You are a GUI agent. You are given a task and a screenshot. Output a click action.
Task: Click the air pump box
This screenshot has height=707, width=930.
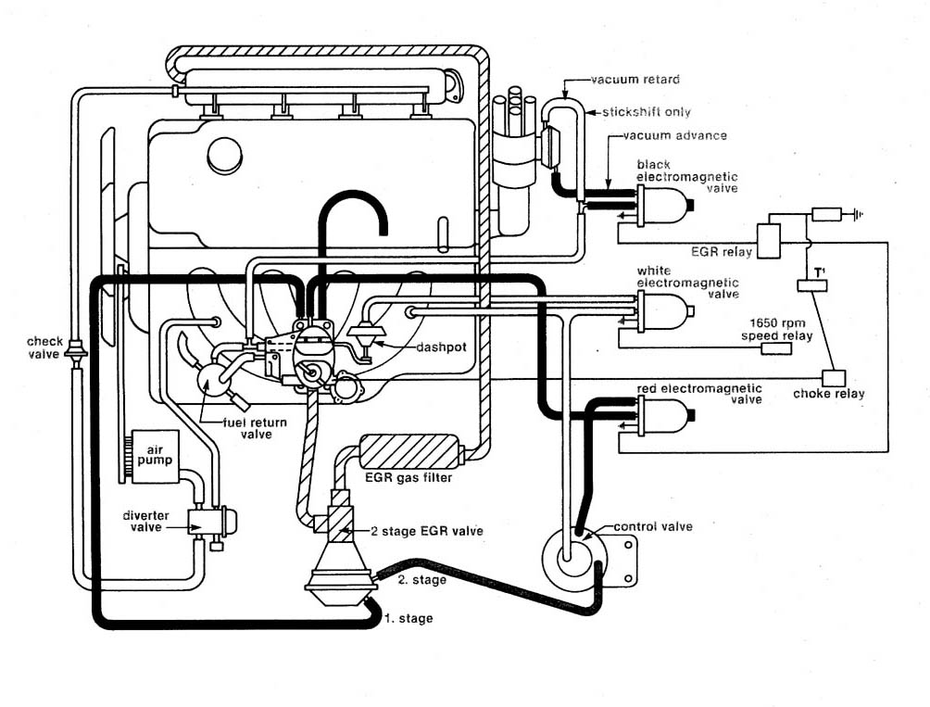coord(155,456)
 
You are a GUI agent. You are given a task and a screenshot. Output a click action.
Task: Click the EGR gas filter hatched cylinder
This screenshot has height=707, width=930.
coord(409,453)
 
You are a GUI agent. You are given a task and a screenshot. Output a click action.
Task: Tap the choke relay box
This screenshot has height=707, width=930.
coord(834,378)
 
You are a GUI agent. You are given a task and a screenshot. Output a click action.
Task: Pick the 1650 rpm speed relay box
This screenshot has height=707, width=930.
coord(776,348)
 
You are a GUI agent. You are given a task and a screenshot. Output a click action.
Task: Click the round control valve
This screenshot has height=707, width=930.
coord(568,555)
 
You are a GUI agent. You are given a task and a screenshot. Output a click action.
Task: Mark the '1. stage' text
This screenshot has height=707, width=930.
coord(408,618)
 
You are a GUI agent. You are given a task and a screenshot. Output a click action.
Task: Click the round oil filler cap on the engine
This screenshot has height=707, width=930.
coord(224,155)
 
